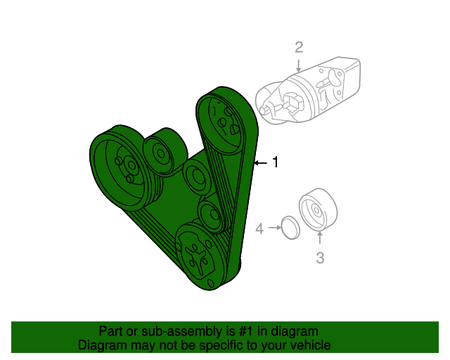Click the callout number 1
276,162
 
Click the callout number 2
299,47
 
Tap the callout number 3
320,258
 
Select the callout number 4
259,229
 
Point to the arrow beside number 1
260,163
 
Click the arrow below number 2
299,65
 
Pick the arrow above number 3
320,239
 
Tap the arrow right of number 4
272,229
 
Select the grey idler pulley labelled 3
317,210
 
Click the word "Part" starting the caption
111,331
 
